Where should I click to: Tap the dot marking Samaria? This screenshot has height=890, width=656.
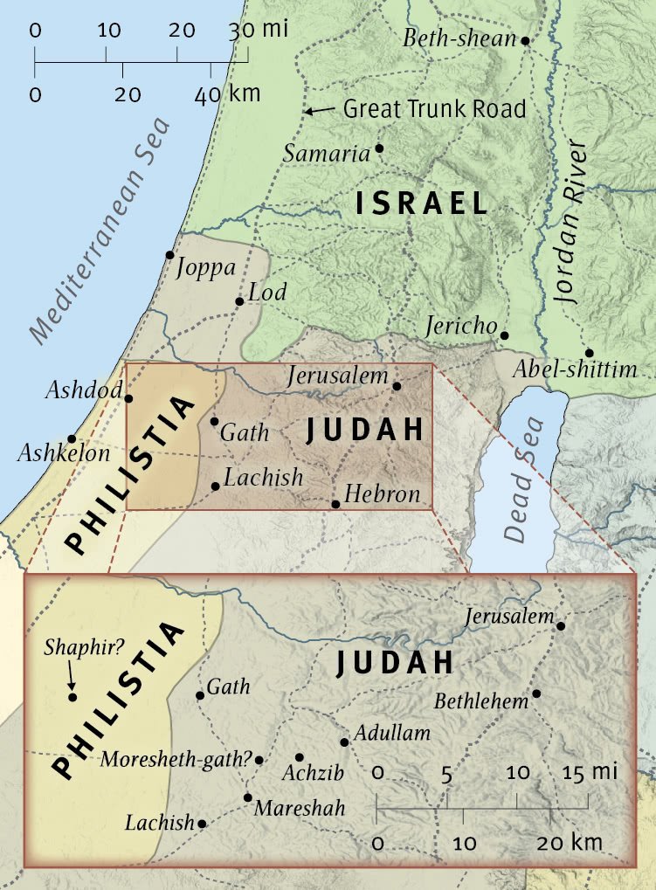click(379, 148)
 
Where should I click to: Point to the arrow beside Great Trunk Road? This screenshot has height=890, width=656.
click(320, 110)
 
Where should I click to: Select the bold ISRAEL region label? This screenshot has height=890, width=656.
click(422, 204)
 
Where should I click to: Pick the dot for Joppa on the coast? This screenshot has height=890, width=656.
click(170, 255)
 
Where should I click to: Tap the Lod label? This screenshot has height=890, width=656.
click(267, 292)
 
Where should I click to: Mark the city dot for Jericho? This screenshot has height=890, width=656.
click(504, 335)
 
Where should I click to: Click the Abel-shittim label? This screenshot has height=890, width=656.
click(574, 370)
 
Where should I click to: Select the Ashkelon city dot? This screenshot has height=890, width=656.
click(72, 438)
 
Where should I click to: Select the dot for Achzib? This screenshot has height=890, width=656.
click(300, 757)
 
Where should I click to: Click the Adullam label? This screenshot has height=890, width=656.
click(392, 733)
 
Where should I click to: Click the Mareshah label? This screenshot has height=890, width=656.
click(299, 809)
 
